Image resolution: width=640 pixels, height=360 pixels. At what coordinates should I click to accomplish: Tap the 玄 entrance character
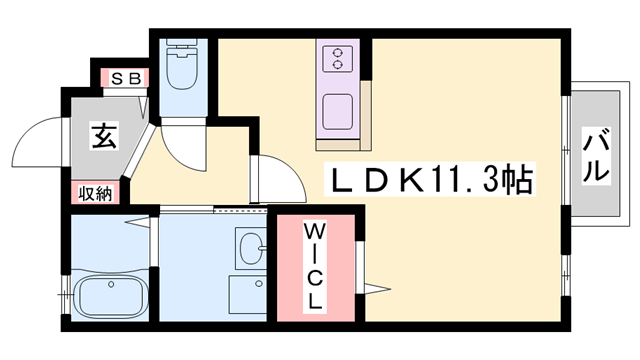(x=104, y=137)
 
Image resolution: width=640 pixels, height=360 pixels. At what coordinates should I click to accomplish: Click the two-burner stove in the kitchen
(x=340, y=58)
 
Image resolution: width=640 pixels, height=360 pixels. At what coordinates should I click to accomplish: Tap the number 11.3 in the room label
(x=462, y=181)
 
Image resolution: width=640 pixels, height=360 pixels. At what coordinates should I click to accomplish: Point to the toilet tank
(x=182, y=48)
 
